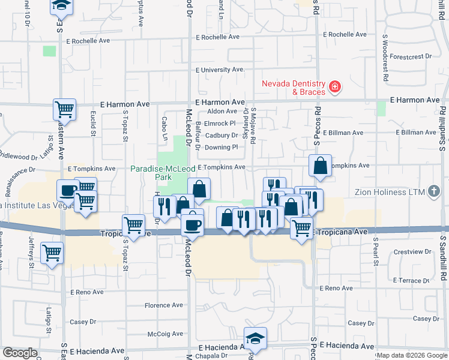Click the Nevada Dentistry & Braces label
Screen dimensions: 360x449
293,88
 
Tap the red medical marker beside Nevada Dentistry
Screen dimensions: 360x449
334,88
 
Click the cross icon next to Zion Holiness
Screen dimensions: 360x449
435,192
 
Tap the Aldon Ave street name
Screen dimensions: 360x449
222,111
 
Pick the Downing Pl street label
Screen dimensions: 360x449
221,147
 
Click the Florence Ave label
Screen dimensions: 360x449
163,305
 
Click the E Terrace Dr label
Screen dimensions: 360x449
411,280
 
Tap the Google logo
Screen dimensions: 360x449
20,353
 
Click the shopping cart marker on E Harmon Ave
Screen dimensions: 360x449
64,110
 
